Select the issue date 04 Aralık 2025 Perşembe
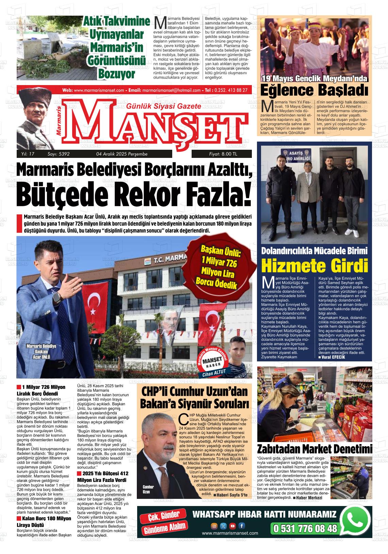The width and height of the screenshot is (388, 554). point(122,154)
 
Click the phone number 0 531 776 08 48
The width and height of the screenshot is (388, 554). point(305,528)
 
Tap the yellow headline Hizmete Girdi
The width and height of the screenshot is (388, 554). point(315,266)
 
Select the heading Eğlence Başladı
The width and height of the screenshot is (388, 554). point(314,91)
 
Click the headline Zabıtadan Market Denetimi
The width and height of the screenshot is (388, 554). point(314,449)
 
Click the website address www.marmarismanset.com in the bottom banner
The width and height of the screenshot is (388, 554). point(230,533)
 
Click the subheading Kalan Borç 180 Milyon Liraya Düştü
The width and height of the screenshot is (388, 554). point(44,521)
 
